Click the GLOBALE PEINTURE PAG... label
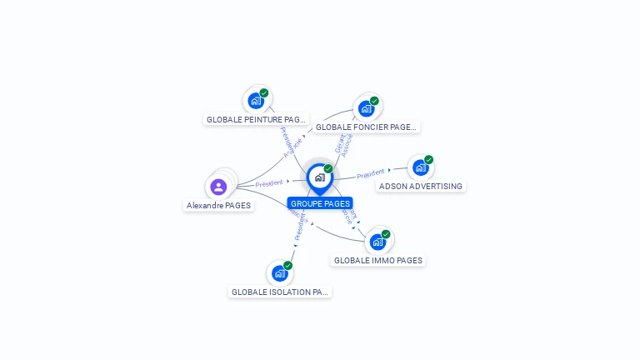tap(256, 119)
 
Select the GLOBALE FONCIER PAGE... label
tap(366, 127)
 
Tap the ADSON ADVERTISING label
tap(420, 186)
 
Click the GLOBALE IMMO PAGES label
tap(377, 260)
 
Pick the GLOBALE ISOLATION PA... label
tap(280, 292)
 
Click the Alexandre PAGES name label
tap(218, 205)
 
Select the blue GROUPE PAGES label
tap(320, 203)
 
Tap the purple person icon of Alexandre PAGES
tap(218, 187)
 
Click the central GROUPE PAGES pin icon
tap(319, 177)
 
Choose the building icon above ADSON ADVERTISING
tap(420, 167)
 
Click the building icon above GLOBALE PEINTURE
tap(256, 101)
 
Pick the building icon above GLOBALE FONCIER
tap(366, 108)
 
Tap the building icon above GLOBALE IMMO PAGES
tap(377, 242)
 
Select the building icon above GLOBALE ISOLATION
tap(279, 273)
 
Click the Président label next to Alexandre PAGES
tap(269, 183)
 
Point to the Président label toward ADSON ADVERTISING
tap(371, 174)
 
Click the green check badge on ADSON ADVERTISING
tap(428, 159)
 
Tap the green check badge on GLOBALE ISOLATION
tap(287, 265)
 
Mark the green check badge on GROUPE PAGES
tap(328, 168)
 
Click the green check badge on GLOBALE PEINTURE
tap(264, 92)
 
